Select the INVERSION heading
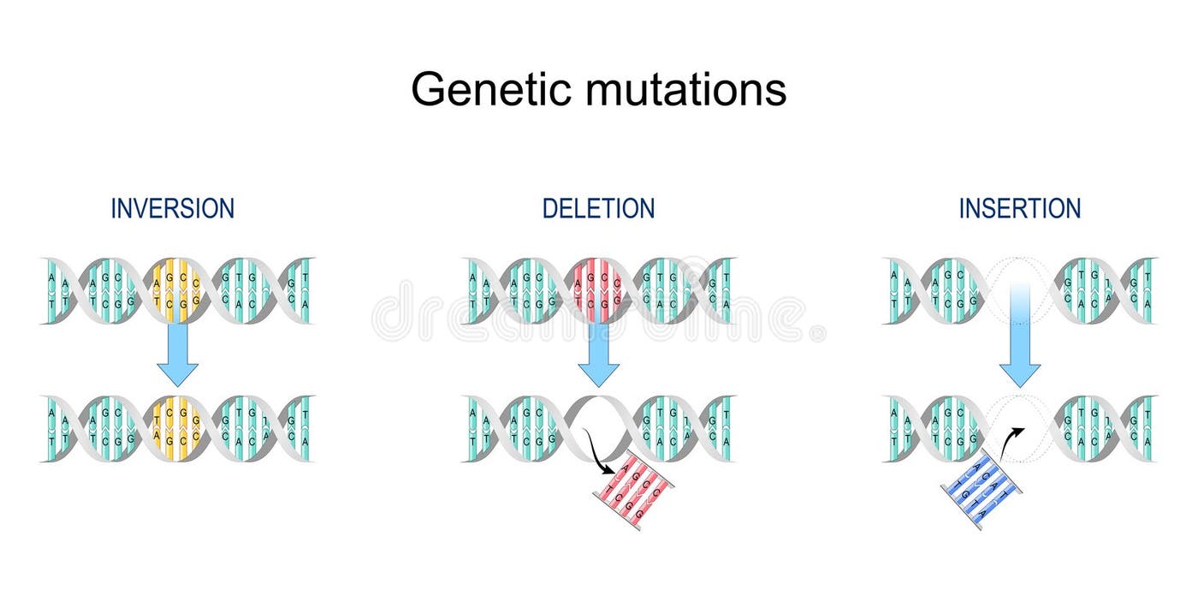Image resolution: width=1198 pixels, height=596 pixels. coord(172,208)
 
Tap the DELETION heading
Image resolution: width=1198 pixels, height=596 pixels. coord(598,208)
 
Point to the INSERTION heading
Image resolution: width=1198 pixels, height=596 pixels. coord(1019,208)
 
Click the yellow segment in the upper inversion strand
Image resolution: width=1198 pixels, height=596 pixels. coord(177,290)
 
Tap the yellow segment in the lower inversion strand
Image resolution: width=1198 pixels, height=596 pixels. coord(177,428)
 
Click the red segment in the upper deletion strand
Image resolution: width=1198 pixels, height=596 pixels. coord(598,290)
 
